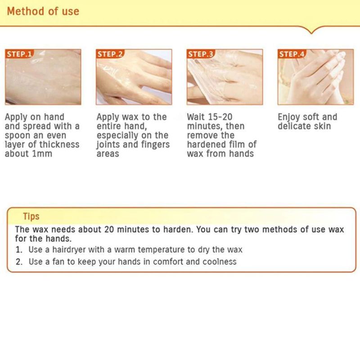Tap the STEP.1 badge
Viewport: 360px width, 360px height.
pyautogui.click(x=19, y=54)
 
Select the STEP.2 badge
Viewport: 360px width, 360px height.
pyautogui.click(x=110, y=54)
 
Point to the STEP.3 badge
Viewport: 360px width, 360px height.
pyautogui.click(x=201, y=54)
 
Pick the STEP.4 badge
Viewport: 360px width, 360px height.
pyautogui.click(x=292, y=54)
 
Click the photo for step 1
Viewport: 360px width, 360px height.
pyautogui.click(x=43, y=77)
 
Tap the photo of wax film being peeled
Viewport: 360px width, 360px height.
pyautogui.click(x=225, y=77)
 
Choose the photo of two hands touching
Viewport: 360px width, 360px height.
pyautogui.click(x=316, y=77)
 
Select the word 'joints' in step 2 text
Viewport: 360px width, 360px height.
pyautogui.click(x=108, y=145)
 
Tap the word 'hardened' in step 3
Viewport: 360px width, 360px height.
pyautogui.click(x=207, y=144)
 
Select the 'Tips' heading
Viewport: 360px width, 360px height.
pyautogui.click(x=31, y=216)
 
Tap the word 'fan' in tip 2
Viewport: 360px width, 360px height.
pyautogui.click(x=58, y=261)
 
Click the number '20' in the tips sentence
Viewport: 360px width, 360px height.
pyautogui.click(x=109, y=229)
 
